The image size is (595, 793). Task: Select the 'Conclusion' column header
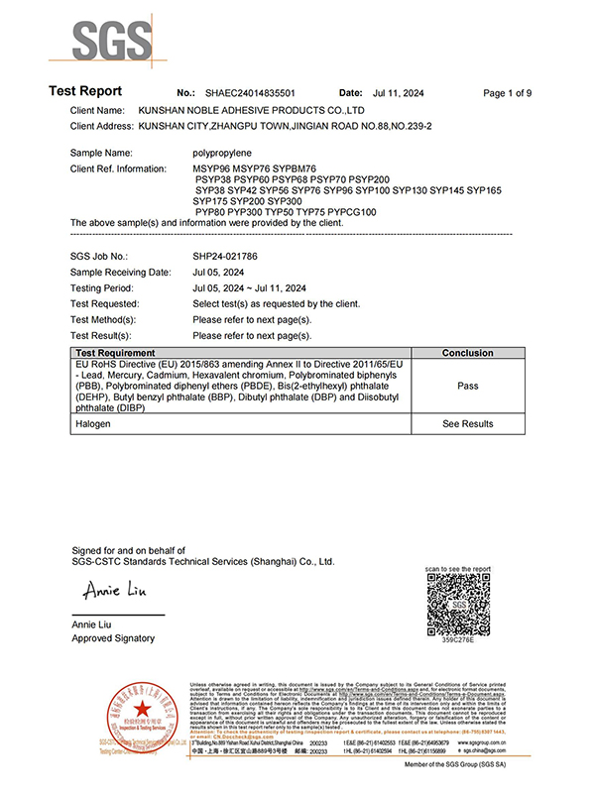pos(467,353)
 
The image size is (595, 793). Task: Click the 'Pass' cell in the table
pos(467,386)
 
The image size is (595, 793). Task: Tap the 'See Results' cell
pos(467,423)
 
